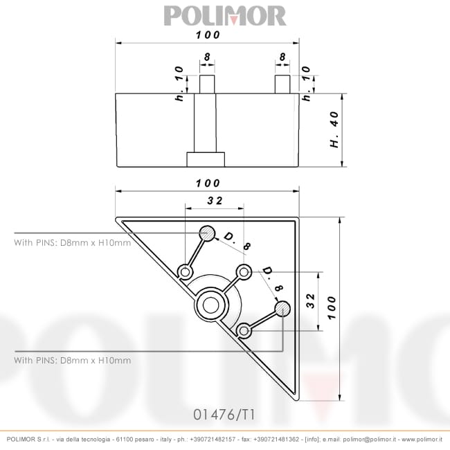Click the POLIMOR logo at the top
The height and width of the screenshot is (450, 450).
(224, 15)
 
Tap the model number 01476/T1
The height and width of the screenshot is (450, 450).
(224, 415)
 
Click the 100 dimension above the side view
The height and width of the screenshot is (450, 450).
(207, 35)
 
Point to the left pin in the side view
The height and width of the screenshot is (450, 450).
(207, 84)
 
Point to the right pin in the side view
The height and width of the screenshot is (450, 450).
(282, 84)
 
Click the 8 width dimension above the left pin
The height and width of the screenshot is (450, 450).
(207, 57)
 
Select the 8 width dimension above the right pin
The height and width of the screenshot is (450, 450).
(282, 57)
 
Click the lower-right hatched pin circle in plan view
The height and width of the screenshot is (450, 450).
(282, 308)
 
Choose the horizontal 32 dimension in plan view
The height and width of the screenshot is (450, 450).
(215, 200)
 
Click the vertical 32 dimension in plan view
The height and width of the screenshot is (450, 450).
(311, 300)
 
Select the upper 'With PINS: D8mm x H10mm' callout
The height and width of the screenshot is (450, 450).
(73, 243)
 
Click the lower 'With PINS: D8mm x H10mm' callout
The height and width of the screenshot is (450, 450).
(73, 360)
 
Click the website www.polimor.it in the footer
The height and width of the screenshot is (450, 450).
(422, 440)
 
